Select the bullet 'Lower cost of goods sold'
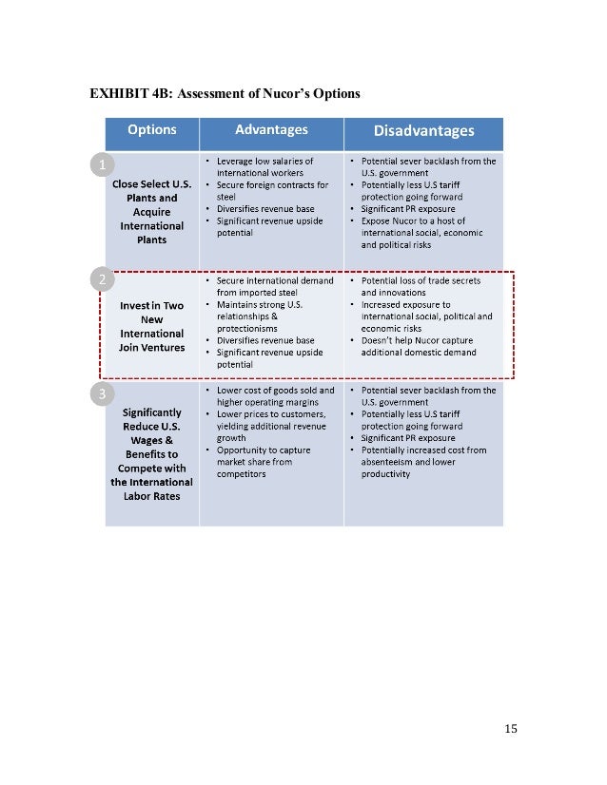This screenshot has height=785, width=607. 270,395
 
